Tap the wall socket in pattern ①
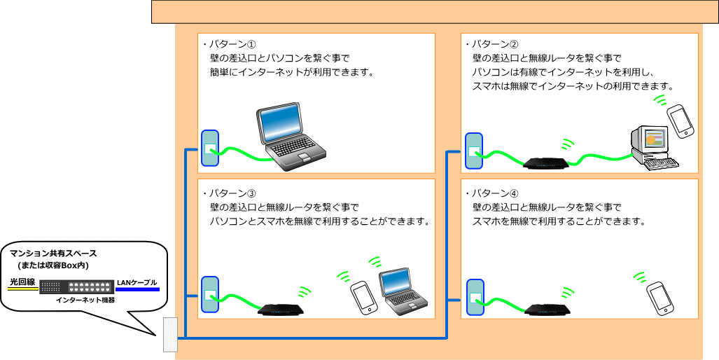(x=210, y=148)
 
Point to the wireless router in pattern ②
(x=547, y=162)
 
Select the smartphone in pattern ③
(x=363, y=298)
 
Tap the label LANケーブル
(x=137, y=282)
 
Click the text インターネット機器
(x=85, y=299)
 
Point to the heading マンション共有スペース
(x=53, y=254)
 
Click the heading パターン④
(x=494, y=193)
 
